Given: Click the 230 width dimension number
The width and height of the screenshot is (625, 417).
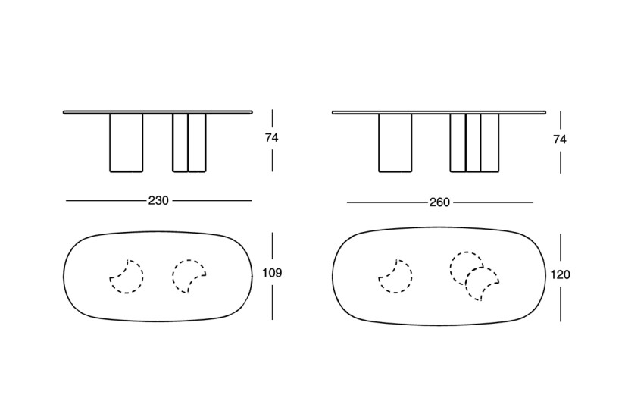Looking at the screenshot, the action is click(x=158, y=200).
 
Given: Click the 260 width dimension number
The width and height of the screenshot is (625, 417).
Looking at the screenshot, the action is click(x=439, y=202).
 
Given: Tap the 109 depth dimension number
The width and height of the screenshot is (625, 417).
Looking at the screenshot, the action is click(x=272, y=273).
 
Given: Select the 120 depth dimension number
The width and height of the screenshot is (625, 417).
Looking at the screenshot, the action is click(x=561, y=275).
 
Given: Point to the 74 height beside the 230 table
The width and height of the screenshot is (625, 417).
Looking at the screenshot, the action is click(x=271, y=138).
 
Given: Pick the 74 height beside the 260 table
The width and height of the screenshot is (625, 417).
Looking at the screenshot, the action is click(x=560, y=140).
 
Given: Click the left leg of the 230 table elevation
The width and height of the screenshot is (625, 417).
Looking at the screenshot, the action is click(x=126, y=143).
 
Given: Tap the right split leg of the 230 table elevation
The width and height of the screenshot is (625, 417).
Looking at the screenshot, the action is click(x=189, y=143).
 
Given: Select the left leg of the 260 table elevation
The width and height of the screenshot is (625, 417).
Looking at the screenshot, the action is click(x=395, y=143).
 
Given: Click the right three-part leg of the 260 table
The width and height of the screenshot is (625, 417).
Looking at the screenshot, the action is click(x=474, y=143).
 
